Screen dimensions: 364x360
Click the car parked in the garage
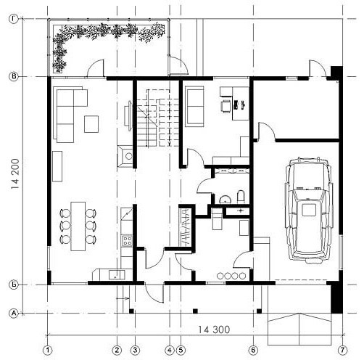[309, 209]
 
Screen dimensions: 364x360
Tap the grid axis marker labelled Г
[14, 19]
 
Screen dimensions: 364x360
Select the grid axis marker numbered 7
[342, 350]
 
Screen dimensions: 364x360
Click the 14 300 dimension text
[214, 330]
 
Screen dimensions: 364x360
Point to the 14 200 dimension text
[15, 173]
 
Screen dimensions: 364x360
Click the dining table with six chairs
[78, 226]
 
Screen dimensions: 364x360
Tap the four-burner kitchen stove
[127, 240]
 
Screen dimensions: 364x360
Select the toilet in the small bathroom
[241, 197]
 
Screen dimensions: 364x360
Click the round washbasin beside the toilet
[226, 200]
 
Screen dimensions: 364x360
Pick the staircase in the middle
[157, 118]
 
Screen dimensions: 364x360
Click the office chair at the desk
[226, 106]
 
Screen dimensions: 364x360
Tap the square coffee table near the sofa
[91, 124]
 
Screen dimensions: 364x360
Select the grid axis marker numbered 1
[48, 350]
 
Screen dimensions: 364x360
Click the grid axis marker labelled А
[14, 314]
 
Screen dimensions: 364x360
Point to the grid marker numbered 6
[253, 350]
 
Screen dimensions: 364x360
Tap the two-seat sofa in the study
[194, 107]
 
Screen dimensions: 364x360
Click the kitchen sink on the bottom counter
[117, 275]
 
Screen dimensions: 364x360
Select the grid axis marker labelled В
[14, 77]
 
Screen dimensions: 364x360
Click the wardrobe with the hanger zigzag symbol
[186, 227]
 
